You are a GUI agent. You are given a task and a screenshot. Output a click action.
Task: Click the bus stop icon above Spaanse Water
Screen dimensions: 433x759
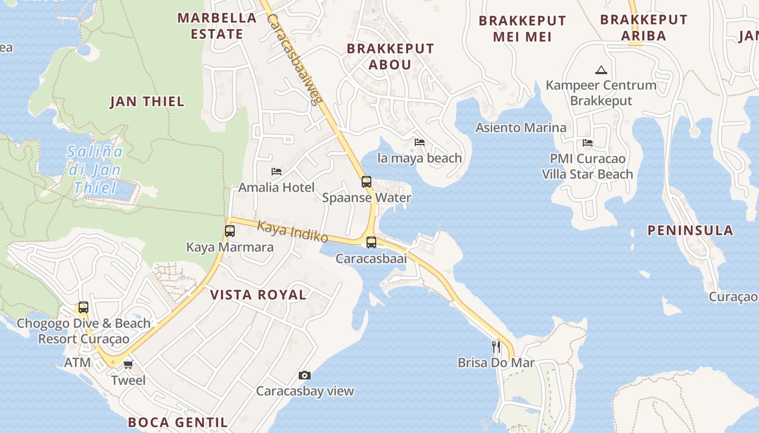click(366, 182)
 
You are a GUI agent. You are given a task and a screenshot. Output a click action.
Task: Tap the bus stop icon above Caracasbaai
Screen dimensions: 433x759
click(371, 242)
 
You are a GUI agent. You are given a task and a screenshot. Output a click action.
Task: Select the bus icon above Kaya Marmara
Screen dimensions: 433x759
click(230, 231)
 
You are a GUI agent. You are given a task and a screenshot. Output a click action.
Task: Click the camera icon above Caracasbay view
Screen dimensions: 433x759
click(305, 375)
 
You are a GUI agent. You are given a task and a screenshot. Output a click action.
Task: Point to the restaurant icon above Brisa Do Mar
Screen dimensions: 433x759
click(496, 346)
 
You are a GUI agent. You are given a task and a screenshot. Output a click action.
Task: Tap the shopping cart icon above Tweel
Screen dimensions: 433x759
click(128, 364)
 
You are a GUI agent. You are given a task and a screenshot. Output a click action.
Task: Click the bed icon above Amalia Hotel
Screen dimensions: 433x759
click(276, 172)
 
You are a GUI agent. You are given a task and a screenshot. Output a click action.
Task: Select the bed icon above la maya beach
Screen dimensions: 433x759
click(420, 142)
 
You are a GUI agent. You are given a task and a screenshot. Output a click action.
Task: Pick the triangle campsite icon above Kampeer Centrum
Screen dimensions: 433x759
click(601, 70)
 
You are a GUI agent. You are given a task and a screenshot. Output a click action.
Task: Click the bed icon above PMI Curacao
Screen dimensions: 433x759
click(588, 143)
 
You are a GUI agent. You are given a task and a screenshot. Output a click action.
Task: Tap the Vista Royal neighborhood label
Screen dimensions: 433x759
click(258, 295)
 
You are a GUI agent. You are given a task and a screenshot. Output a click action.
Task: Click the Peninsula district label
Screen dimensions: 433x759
click(690, 231)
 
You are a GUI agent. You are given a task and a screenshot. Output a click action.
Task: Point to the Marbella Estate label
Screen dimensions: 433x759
click(217, 26)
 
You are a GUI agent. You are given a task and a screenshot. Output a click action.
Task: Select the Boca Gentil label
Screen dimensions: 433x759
click(178, 422)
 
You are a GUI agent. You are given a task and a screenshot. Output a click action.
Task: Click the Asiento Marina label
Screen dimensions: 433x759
click(520, 128)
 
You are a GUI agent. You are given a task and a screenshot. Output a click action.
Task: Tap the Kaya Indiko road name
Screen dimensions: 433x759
click(293, 232)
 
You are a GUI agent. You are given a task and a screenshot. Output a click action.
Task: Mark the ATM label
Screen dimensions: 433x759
click(78, 363)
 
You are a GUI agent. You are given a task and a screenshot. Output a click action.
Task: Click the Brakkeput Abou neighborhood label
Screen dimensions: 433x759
click(390, 56)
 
